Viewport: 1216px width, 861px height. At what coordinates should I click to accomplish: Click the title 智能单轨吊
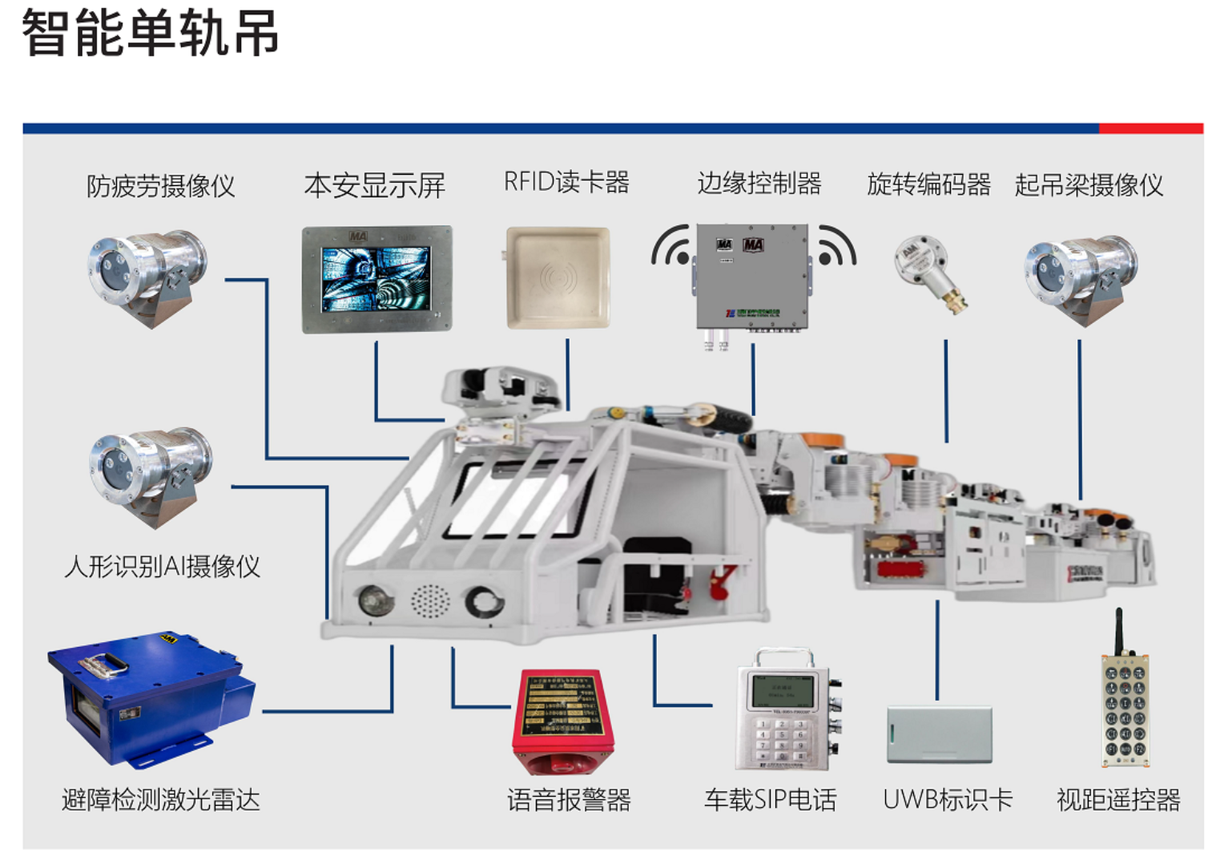(150, 34)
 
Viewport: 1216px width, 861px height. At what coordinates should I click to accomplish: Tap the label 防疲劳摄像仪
(160, 186)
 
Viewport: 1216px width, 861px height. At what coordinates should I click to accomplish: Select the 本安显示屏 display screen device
(376, 279)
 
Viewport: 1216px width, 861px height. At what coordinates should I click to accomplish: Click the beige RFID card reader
(558, 277)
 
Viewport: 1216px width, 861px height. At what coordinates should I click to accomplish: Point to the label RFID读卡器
(566, 183)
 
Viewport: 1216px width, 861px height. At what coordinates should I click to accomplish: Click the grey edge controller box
(752, 276)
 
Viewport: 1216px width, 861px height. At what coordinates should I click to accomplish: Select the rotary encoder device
(928, 272)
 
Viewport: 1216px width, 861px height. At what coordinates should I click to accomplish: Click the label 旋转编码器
(928, 185)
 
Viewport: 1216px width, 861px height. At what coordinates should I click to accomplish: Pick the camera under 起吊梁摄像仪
(1081, 277)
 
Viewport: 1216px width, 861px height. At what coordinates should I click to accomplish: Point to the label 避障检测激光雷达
(160, 799)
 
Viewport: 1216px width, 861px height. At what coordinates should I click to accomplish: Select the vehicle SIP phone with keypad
(786, 710)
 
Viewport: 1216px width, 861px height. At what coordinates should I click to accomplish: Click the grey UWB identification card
(939, 734)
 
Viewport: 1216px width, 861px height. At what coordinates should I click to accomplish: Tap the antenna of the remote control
(1119, 630)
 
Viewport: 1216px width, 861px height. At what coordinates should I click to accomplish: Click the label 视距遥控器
(1118, 799)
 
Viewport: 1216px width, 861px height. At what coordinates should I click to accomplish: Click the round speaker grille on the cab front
(430, 600)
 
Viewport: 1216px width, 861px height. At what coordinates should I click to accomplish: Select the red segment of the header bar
(1150, 128)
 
